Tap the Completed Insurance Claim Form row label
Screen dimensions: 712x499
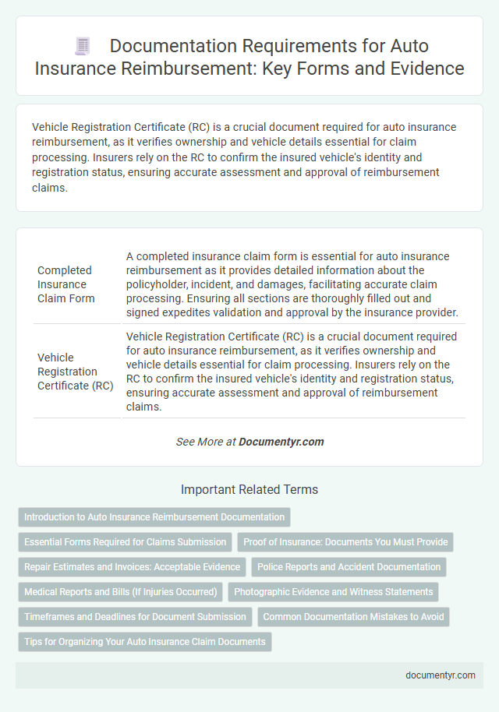[x=65, y=284]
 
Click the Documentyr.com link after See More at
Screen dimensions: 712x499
[x=281, y=442]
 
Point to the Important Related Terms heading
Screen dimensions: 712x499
[x=249, y=490]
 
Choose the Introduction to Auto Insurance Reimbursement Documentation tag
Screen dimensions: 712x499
[x=154, y=517]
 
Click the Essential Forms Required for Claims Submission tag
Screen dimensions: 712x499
[x=125, y=542]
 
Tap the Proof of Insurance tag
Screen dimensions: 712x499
[x=345, y=542]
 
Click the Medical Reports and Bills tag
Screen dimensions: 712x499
[x=121, y=592]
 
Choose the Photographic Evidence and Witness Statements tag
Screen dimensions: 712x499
[x=333, y=592]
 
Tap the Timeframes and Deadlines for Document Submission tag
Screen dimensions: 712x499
[x=135, y=617]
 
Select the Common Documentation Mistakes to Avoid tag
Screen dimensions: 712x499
[x=353, y=617]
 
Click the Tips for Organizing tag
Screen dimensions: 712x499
[x=144, y=642]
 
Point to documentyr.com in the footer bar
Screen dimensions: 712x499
[x=441, y=675]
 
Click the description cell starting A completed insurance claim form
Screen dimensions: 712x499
[x=293, y=284]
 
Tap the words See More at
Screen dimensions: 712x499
[x=206, y=442]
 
